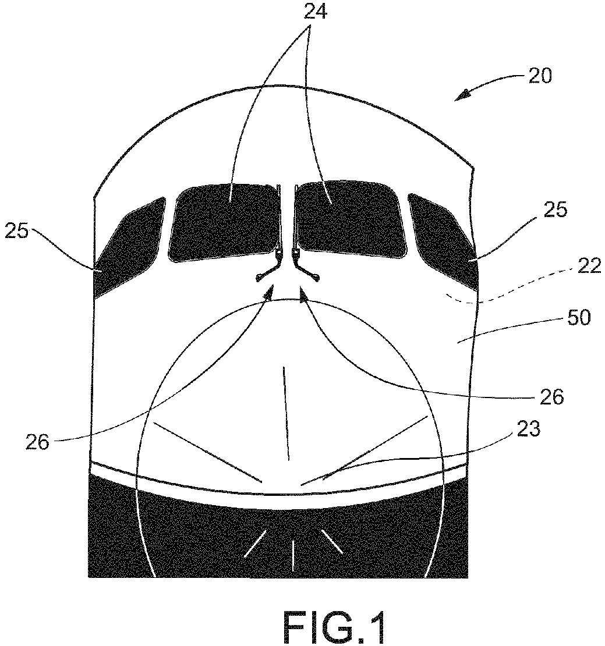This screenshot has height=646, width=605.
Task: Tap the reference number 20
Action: pyautogui.click(x=540, y=76)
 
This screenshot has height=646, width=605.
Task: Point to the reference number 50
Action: pyautogui.click(x=579, y=318)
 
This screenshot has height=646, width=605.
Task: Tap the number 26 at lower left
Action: pyautogui.click(x=37, y=442)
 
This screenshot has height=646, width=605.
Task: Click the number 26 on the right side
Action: pyautogui.click(x=551, y=397)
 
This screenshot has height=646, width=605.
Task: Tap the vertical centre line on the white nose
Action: pyautogui.click(x=286, y=413)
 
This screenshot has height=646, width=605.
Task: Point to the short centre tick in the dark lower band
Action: pyautogui.click(x=293, y=556)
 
